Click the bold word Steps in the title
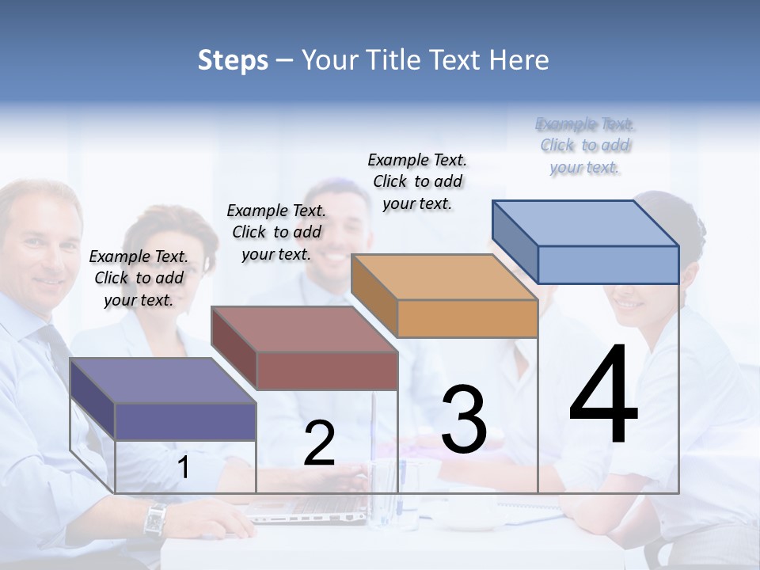233,60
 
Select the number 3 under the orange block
464,420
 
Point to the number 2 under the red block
319,444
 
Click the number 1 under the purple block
183,468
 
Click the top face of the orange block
443,277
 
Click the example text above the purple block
139,278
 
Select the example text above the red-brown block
276,232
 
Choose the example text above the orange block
417,181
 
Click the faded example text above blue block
585,146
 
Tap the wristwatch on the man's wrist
155,519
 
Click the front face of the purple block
185,421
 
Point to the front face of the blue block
608,264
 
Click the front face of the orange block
467,318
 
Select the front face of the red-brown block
326,370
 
